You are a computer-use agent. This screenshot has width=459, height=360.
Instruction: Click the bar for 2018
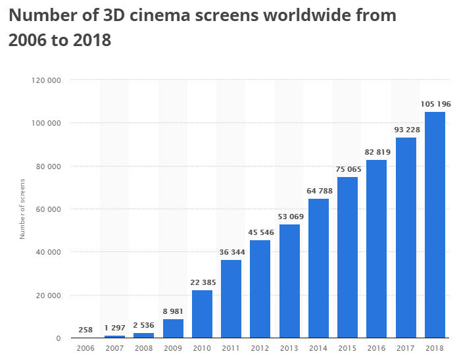[x=435, y=225]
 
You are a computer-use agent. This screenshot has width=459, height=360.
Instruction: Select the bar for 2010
[x=202, y=314]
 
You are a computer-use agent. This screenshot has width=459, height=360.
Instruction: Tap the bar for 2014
[x=318, y=269]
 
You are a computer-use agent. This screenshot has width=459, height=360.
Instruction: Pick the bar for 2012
[x=260, y=289]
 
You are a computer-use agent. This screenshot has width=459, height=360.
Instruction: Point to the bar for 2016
[x=377, y=249]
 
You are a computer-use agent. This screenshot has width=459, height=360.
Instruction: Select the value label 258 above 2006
[x=85, y=328]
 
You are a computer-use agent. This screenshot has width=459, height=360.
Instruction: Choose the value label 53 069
[x=289, y=217]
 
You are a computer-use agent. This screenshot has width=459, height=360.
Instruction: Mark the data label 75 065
[x=347, y=169]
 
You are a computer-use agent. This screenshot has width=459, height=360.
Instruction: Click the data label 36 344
[x=231, y=252]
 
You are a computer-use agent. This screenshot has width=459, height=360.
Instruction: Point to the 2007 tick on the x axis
[x=114, y=348]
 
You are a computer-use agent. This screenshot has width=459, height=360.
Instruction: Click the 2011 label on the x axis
[x=231, y=348]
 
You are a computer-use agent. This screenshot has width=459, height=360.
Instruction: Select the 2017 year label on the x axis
[x=406, y=348]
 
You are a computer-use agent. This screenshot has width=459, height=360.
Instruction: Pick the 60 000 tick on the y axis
[x=51, y=209]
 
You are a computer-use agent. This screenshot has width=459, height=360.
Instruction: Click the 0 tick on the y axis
[x=59, y=338]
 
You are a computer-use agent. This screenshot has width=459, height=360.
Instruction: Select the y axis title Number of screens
[x=22, y=209]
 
